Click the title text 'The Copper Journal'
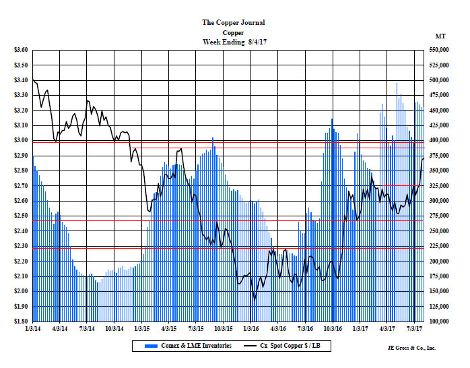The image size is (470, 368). point(232,22)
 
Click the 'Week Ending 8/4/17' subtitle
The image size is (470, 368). point(232,42)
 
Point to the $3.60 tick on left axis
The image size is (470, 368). point(20,50)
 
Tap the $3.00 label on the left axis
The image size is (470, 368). point(20,140)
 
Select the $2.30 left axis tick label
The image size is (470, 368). point(20,246)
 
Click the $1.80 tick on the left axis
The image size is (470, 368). point(20,321)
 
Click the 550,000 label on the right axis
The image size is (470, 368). point(442,50)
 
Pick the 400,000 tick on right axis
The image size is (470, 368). point(442,140)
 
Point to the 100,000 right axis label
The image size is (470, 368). point(442,321)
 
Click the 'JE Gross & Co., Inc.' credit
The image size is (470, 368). point(411,348)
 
